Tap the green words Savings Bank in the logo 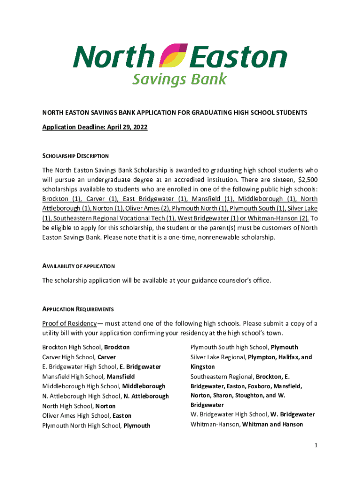point(179,79)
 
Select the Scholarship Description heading point(75,156)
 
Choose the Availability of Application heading point(79,266)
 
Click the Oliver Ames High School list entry point(86,415)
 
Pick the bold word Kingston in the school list point(202,367)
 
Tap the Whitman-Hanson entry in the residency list point(246,424)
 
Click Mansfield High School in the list point(88,376)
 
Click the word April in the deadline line point(114,127)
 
